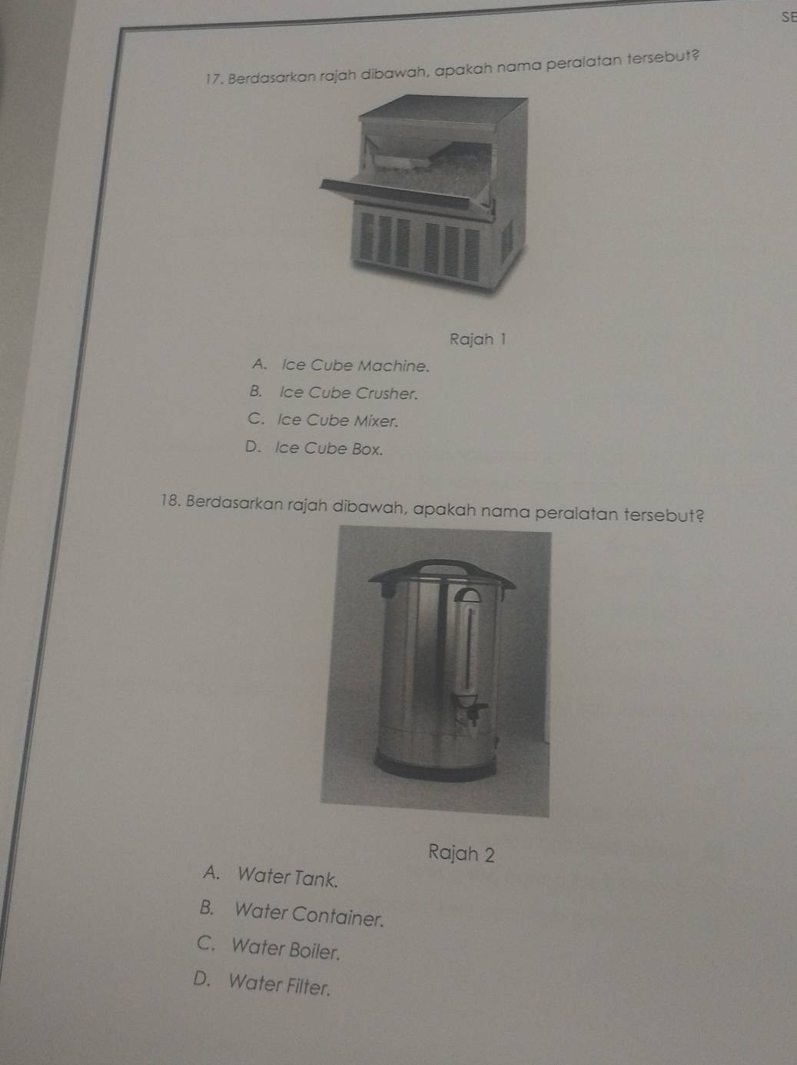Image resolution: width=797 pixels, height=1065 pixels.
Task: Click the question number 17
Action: pos(214,79)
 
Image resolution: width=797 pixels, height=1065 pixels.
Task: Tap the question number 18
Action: pos(171,501)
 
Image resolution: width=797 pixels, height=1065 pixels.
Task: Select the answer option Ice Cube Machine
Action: pos(356,364)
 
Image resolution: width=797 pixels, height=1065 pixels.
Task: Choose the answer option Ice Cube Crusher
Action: pos(349,392)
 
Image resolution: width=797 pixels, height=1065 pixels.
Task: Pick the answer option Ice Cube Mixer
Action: pos(337,420)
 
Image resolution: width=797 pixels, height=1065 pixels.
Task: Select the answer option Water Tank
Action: pos(287,877)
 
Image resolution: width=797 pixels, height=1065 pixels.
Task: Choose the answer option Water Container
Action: pos(309,914)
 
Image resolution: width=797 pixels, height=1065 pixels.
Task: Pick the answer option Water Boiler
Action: pos(286,949)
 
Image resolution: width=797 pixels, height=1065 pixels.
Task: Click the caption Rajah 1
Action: pos(477,339)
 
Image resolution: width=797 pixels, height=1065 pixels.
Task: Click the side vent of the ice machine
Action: pos(506,242)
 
